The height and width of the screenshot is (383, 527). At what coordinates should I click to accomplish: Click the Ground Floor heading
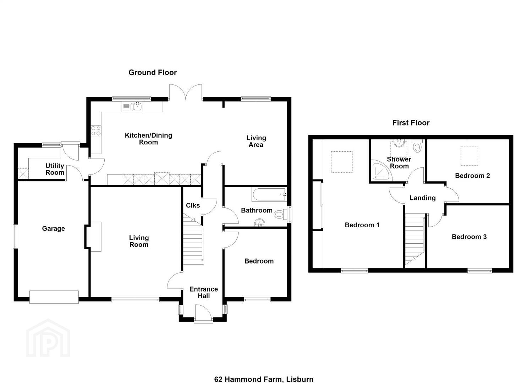click(x=153, y=72)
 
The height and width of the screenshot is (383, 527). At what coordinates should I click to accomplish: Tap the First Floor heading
click(x=411, y=123)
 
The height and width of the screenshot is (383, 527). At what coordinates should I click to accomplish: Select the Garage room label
click(x=53, y=228)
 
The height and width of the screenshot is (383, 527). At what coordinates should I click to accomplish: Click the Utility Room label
click(x=55, y=169)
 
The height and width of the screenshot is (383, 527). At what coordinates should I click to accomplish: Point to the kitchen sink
click(x=133, y=107)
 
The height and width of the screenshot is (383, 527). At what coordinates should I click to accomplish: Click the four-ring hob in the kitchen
click(x=96, y=131)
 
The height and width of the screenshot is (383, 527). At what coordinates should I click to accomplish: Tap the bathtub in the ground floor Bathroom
click(x=269, y=194)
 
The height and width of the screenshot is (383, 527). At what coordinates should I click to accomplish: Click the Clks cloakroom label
click(x=193, y=205)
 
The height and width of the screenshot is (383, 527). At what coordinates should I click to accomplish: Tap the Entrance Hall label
click(x=203, y=292)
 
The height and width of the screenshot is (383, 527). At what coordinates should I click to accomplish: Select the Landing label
click(x=423, y=198)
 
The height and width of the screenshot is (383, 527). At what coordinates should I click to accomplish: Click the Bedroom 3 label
click(x=469, y=237)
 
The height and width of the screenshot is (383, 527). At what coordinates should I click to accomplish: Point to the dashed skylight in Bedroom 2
click(x=470, y=156)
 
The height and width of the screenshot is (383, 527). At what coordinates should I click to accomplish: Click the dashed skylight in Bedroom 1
click(x=342, y=162)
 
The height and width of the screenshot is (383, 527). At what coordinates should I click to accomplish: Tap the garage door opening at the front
click(x=54, y=297)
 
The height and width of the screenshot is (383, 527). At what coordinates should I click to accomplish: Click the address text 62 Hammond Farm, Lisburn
click(x=264, y=373)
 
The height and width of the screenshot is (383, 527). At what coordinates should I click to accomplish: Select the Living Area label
click(x=256, y=141)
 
